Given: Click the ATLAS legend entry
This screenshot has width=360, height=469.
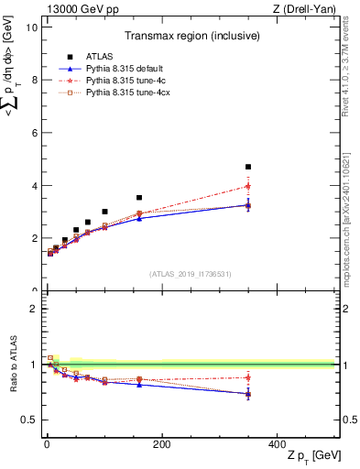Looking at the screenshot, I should (98, 57).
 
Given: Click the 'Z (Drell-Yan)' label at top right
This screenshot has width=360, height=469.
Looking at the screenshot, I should (310, 8).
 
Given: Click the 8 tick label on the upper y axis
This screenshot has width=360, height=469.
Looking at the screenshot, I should (33, 80).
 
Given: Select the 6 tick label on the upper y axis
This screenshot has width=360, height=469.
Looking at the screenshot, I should (33, 133).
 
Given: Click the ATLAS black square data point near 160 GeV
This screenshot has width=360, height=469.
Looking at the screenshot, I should (139, 197).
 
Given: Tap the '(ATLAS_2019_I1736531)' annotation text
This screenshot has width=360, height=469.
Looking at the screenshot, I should (191, 274).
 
